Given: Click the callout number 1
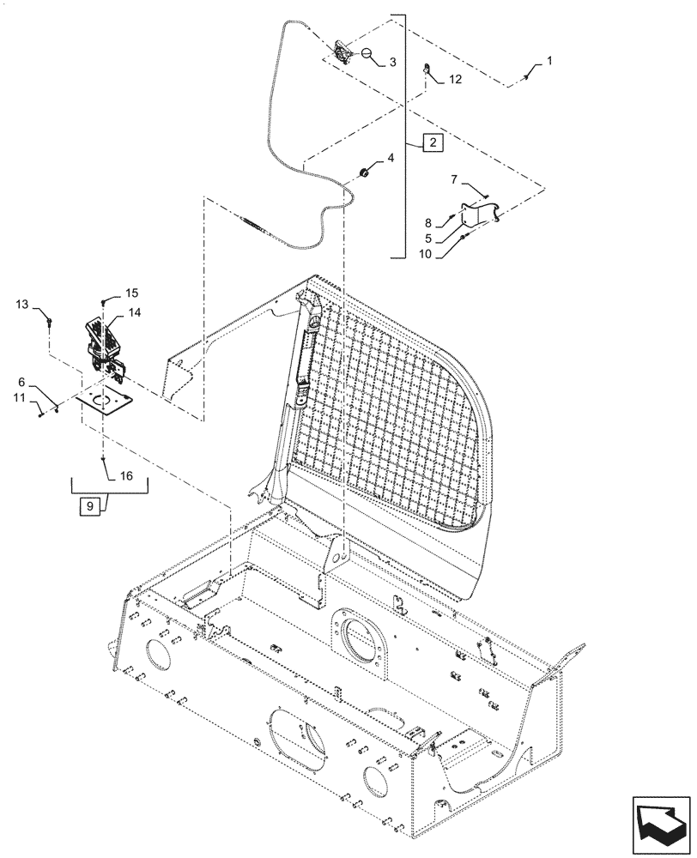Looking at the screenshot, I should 549,63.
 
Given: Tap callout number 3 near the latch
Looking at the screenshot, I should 392,63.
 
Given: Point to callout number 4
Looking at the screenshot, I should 391,159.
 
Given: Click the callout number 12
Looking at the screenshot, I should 455,79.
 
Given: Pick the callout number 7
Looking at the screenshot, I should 457,180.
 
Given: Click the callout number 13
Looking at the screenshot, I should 21,304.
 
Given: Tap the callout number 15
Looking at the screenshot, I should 132,293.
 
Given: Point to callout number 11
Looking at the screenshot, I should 18,398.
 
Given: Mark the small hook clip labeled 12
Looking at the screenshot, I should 426,69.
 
